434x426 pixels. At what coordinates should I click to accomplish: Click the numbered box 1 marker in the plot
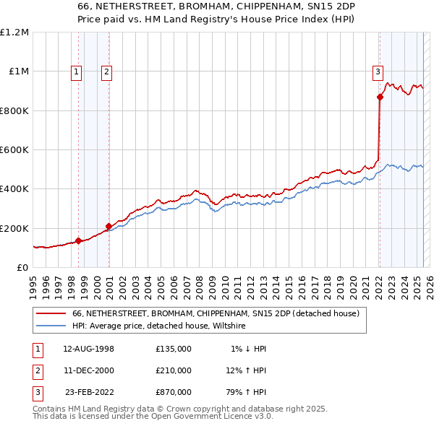[77, 71]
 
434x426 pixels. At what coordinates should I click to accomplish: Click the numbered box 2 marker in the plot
[106, 71]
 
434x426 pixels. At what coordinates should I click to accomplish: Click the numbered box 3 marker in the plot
[378, 71]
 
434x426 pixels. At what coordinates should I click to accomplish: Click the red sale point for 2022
[379, 97]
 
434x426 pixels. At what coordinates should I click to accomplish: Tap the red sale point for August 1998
[78, 241]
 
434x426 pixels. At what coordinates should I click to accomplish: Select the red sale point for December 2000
[109, 226]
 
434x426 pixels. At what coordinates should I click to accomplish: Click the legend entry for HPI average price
[159, 326]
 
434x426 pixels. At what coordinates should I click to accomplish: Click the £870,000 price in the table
[174, 392]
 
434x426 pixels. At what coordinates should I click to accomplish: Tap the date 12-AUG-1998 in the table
[89, 349]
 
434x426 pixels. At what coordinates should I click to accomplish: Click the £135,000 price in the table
[174, 349]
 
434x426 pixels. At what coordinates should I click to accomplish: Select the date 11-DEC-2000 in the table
[89, 370]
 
